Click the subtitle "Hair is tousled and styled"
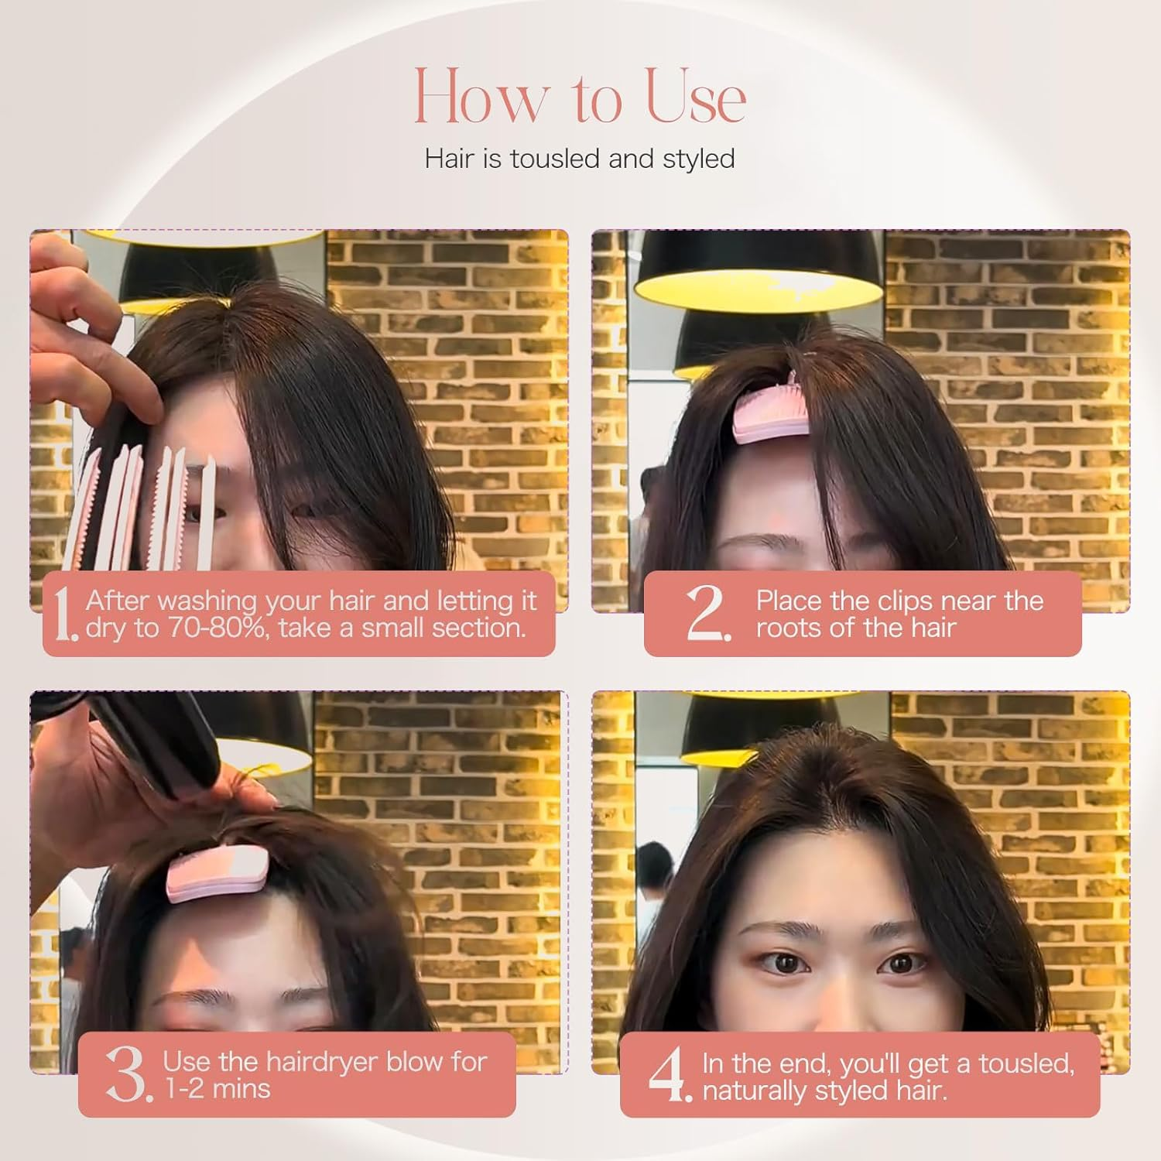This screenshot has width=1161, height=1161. tap(580, 159)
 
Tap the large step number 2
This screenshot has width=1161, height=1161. tap(707, 615)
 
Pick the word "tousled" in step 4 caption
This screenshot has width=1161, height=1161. tap(1026, 1063)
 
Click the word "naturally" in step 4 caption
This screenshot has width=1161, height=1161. tap(756, 1091)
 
